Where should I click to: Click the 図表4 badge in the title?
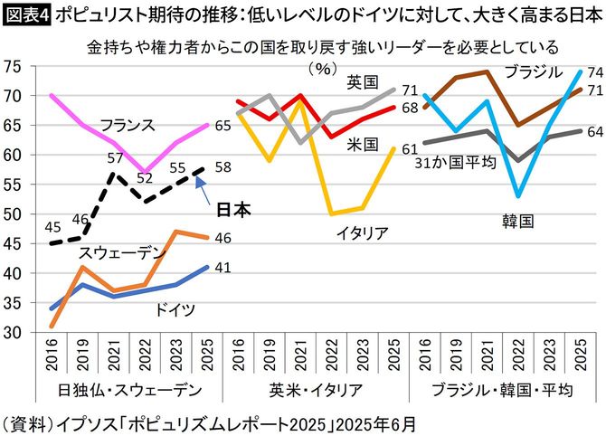pos(25,14)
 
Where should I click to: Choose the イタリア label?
pos(360,233)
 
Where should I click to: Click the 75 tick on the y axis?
pos(14,66)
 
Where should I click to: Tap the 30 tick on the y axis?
pos(14,333)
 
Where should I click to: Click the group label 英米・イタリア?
pos(316,389)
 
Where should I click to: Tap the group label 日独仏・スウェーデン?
pos(119,389)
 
